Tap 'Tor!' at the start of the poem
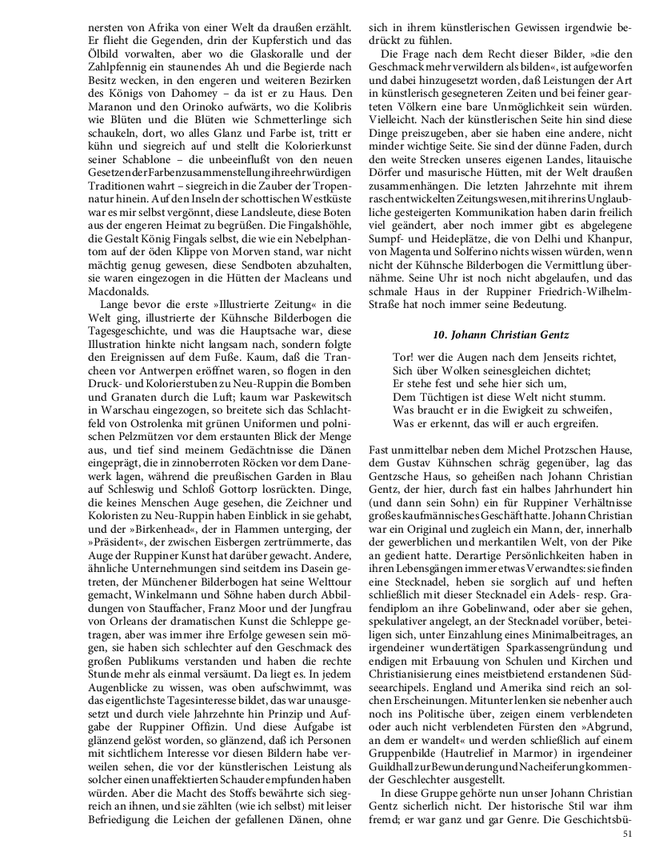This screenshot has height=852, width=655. (404, 357)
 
